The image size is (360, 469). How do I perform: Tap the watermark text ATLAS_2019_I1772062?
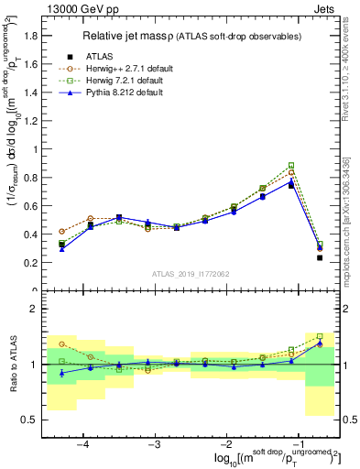(x=191, y=274)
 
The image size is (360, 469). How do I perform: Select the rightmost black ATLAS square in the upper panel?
(x=320, y=257)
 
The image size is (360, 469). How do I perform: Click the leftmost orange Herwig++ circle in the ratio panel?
(x=62, y=344)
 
